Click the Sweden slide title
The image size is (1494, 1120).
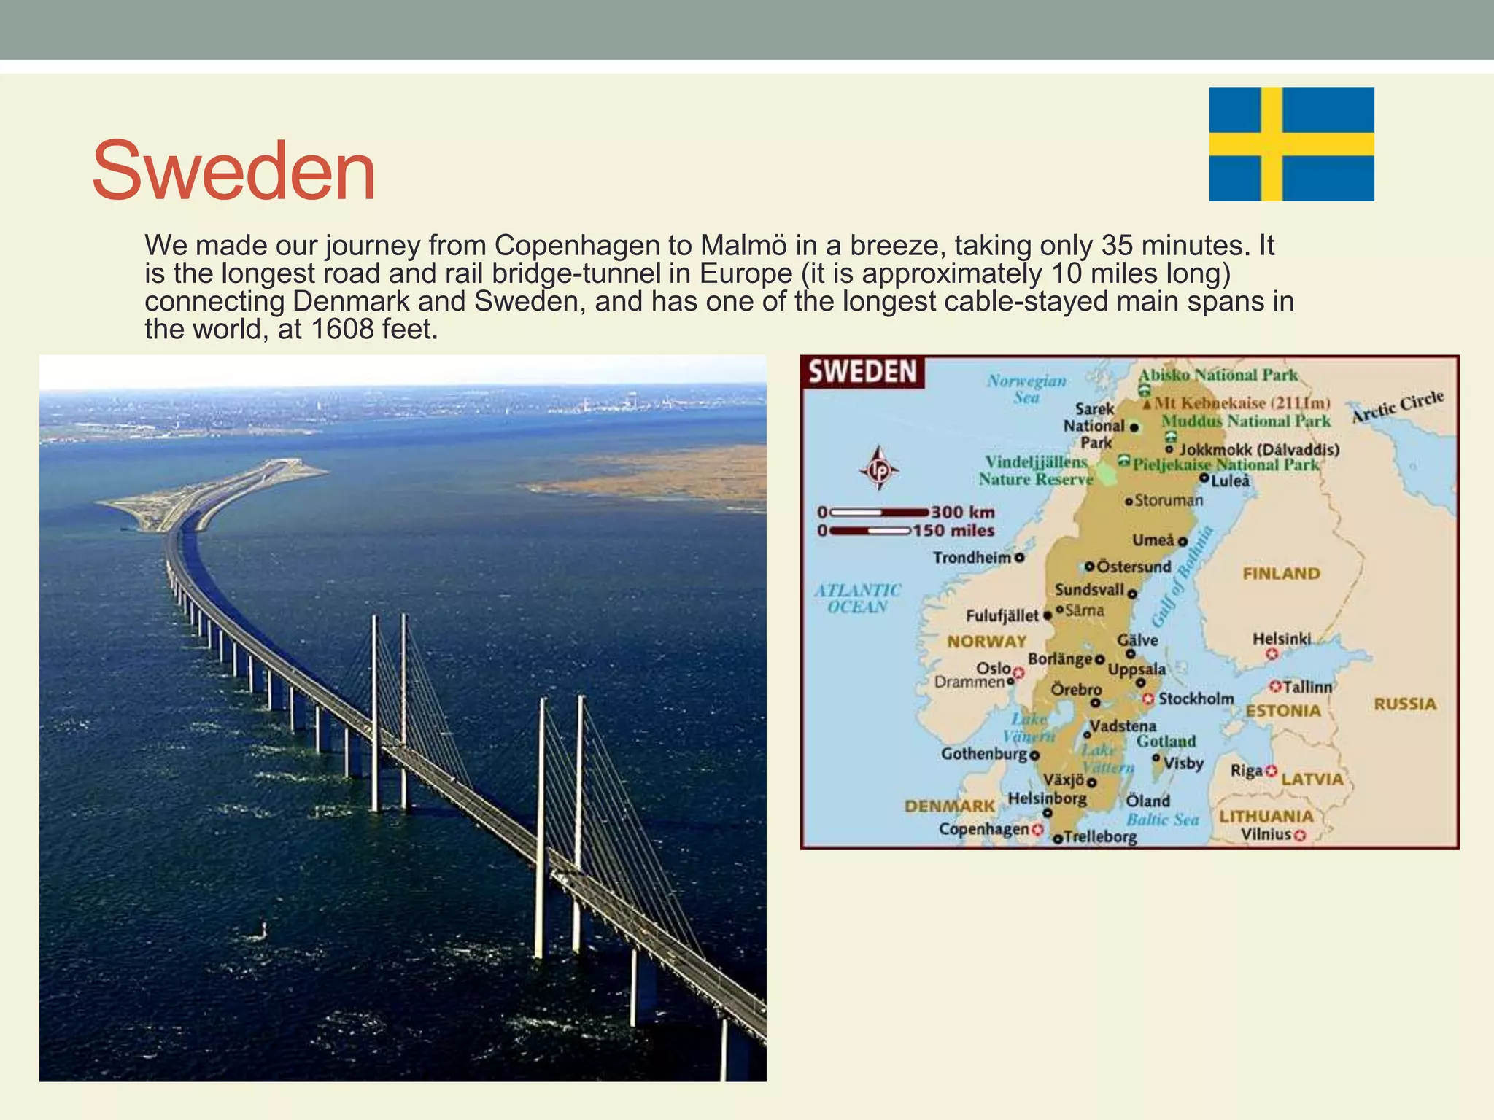[233, 171]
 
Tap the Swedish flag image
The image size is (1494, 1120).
[1291, 144]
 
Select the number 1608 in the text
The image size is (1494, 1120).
[341, 330]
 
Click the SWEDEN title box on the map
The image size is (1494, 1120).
[862, 372]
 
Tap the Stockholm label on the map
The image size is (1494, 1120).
[1196, 699]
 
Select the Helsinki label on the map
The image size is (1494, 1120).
[1282, 639]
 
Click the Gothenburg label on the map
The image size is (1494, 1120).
[984, 753]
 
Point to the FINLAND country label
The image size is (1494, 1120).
[1281, 574]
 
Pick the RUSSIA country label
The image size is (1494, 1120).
[1405, 704]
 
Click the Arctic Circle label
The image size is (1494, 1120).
[1398, 406]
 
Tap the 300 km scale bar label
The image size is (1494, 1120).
[963, 512]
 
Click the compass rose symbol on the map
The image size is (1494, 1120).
[880, 469]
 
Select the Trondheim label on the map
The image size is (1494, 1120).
[972, 558]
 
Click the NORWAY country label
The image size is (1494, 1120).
[986, 642]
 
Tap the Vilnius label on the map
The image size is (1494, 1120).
[1266, 834]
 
